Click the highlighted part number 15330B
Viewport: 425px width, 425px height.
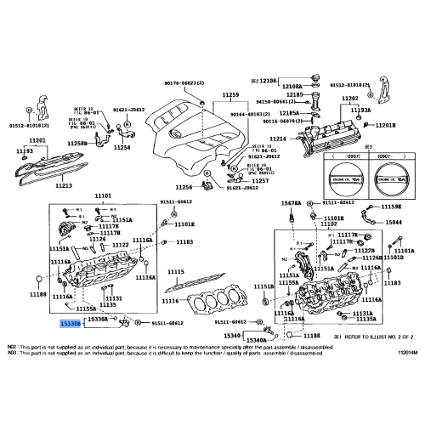click(70, 324)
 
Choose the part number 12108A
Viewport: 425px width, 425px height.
click(292, 110)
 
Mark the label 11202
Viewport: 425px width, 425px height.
click(350, 99)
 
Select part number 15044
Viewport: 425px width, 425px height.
click(394, 222)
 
